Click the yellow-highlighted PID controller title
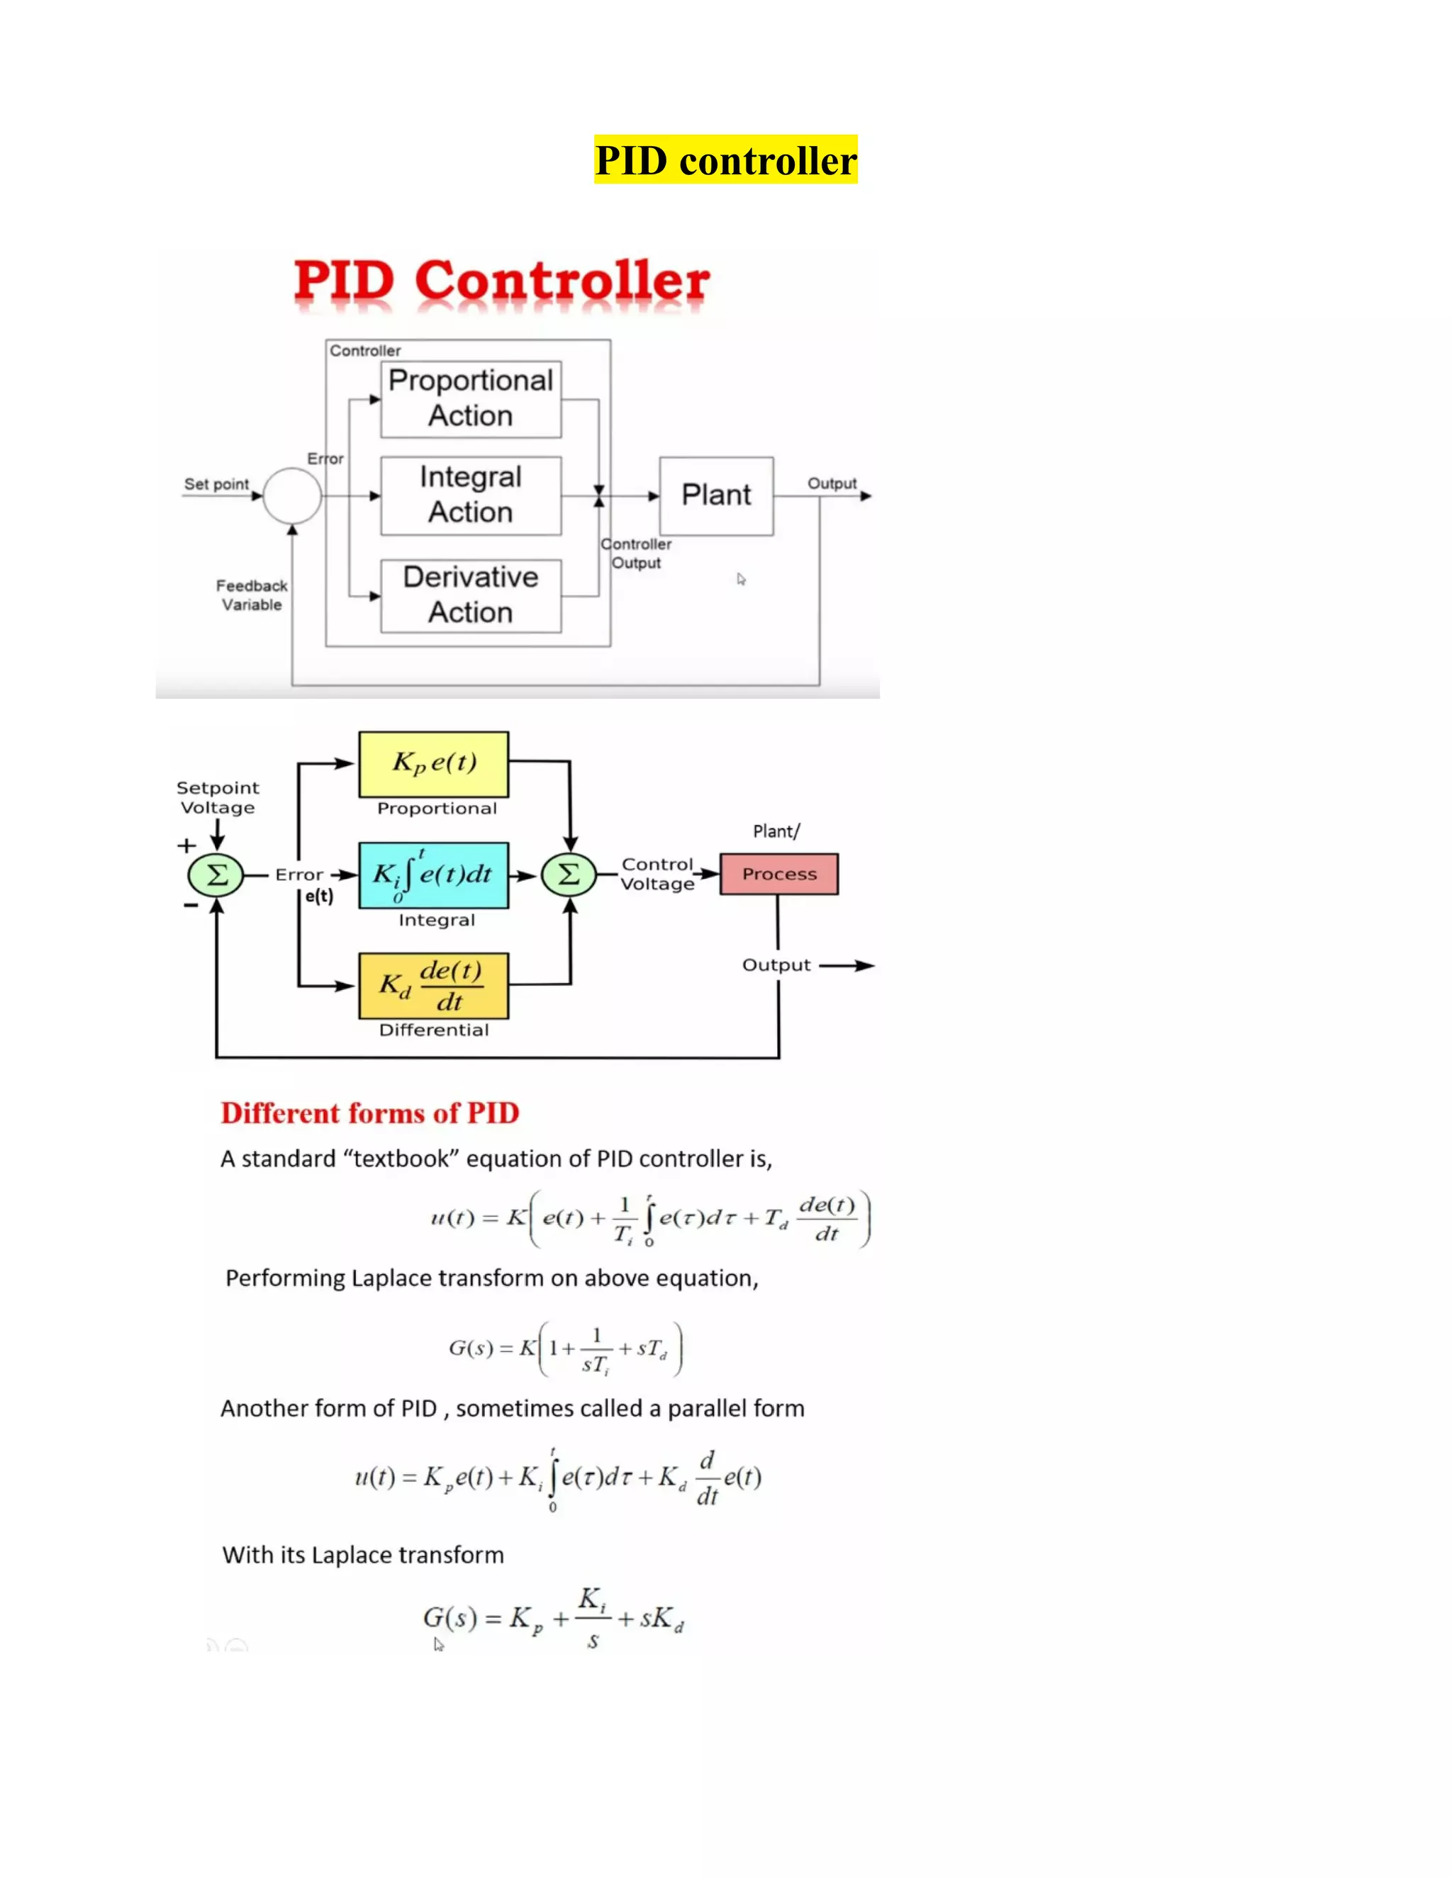tap(725, 160)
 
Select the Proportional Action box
tap(471, 399)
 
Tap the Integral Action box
tap(471, 495)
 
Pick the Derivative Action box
tap(471, 595)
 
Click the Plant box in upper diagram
tap(715, 495)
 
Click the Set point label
tap(216, 484)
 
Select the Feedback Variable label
tap(251, 595)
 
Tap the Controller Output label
tap(636, 553)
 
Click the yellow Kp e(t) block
tap(433, 763)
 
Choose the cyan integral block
tap(433, 875)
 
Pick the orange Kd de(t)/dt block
tap(433, 986)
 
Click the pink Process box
tap(778, 874)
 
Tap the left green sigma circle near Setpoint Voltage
tap(216, 875)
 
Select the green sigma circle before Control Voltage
tap(569, 875)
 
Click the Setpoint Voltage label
tap(217, 797)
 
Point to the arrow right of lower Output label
tap(847, 966)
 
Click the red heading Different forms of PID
tap(370, 1113)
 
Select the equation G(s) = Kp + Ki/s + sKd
tap(553, 1619)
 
